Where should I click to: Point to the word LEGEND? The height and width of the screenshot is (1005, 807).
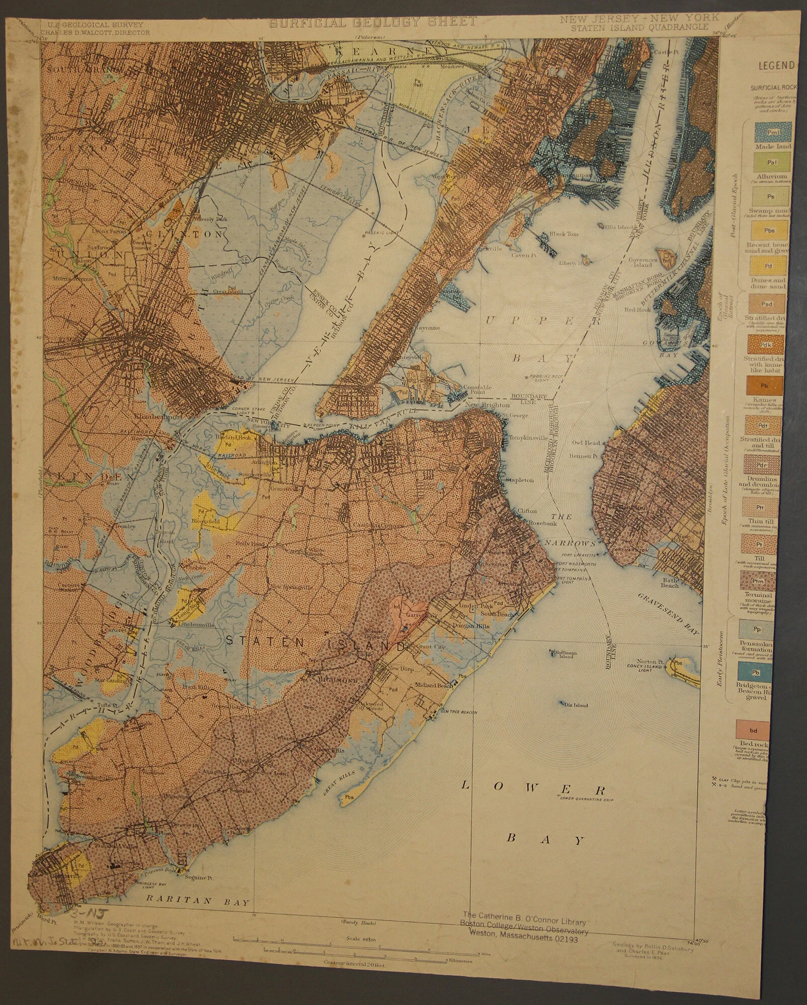tap(776, 65)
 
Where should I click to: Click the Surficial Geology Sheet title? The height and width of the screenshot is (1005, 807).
tap(373, 22)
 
